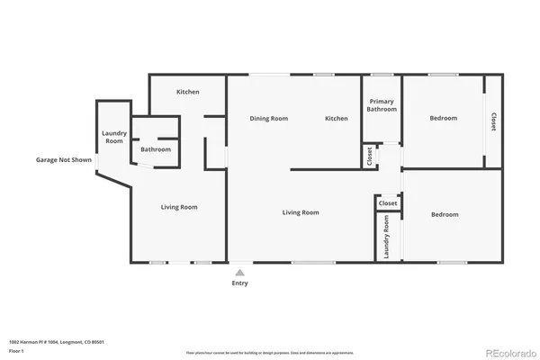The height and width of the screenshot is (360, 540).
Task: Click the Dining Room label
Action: pyautogui.click(x=268, y=119)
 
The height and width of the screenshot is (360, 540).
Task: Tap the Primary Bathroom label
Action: pyautogui.click(x=382, y=105)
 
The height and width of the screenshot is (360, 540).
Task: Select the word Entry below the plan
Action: pyautogui.click(x=239, y=283)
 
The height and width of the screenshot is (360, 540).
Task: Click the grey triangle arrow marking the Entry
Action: pyautogui.click(x=239, y=270)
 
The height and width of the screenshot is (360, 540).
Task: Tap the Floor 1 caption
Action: pyautogui.click(x=17, y=352)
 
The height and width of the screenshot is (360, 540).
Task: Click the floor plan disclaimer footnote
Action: pyautogui.click(x=270, y=353)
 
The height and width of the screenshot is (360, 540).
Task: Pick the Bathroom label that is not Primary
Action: pyautogui.click(x=156, y=149)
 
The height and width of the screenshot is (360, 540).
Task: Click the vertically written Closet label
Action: pyautogui.click(x=492, y=121)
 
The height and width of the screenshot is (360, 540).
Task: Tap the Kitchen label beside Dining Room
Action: pyautogui.click(x=337, y=119)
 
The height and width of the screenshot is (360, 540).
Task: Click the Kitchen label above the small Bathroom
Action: pyautogui.click(x=187, y=92)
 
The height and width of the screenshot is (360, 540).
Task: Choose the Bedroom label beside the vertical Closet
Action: pyautogui.click(x=443, y=119)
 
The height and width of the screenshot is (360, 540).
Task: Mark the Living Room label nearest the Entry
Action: pyautogui.click(x=301, y=212)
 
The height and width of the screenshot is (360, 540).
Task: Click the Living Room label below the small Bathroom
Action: pyautogui.click(x=179, y=207)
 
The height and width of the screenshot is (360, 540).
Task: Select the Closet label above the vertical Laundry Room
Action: pyautogui.click(x=387, y=203)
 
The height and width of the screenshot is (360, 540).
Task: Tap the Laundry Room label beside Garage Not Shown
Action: pyautogui.click(x=113, y=138)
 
